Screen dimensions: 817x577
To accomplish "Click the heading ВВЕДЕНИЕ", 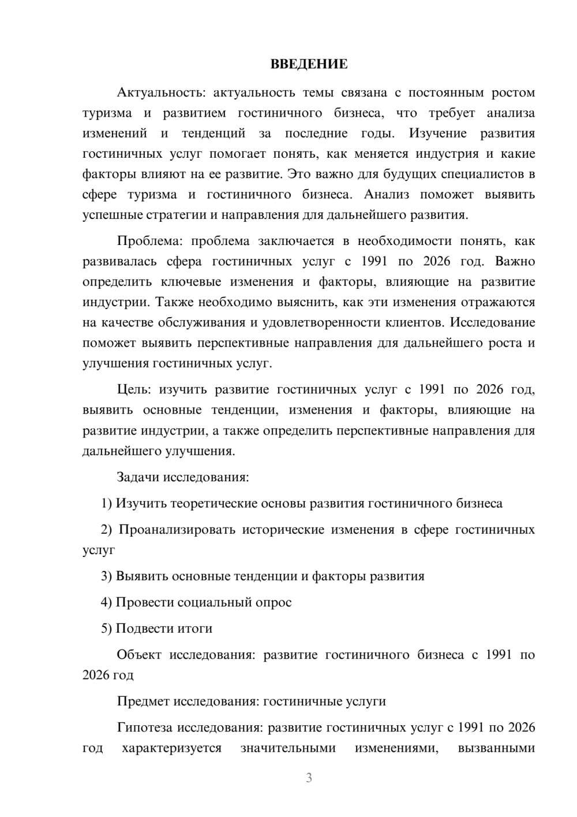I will pos(309,64).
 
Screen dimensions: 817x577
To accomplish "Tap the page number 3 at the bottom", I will pos(309,778).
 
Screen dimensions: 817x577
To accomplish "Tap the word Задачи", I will pos(138,477).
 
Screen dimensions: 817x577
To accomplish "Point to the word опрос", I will pos(273,602).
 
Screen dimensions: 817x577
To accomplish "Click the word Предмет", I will pos(144,701).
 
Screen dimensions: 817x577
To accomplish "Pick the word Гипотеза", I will pos(144,727).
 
